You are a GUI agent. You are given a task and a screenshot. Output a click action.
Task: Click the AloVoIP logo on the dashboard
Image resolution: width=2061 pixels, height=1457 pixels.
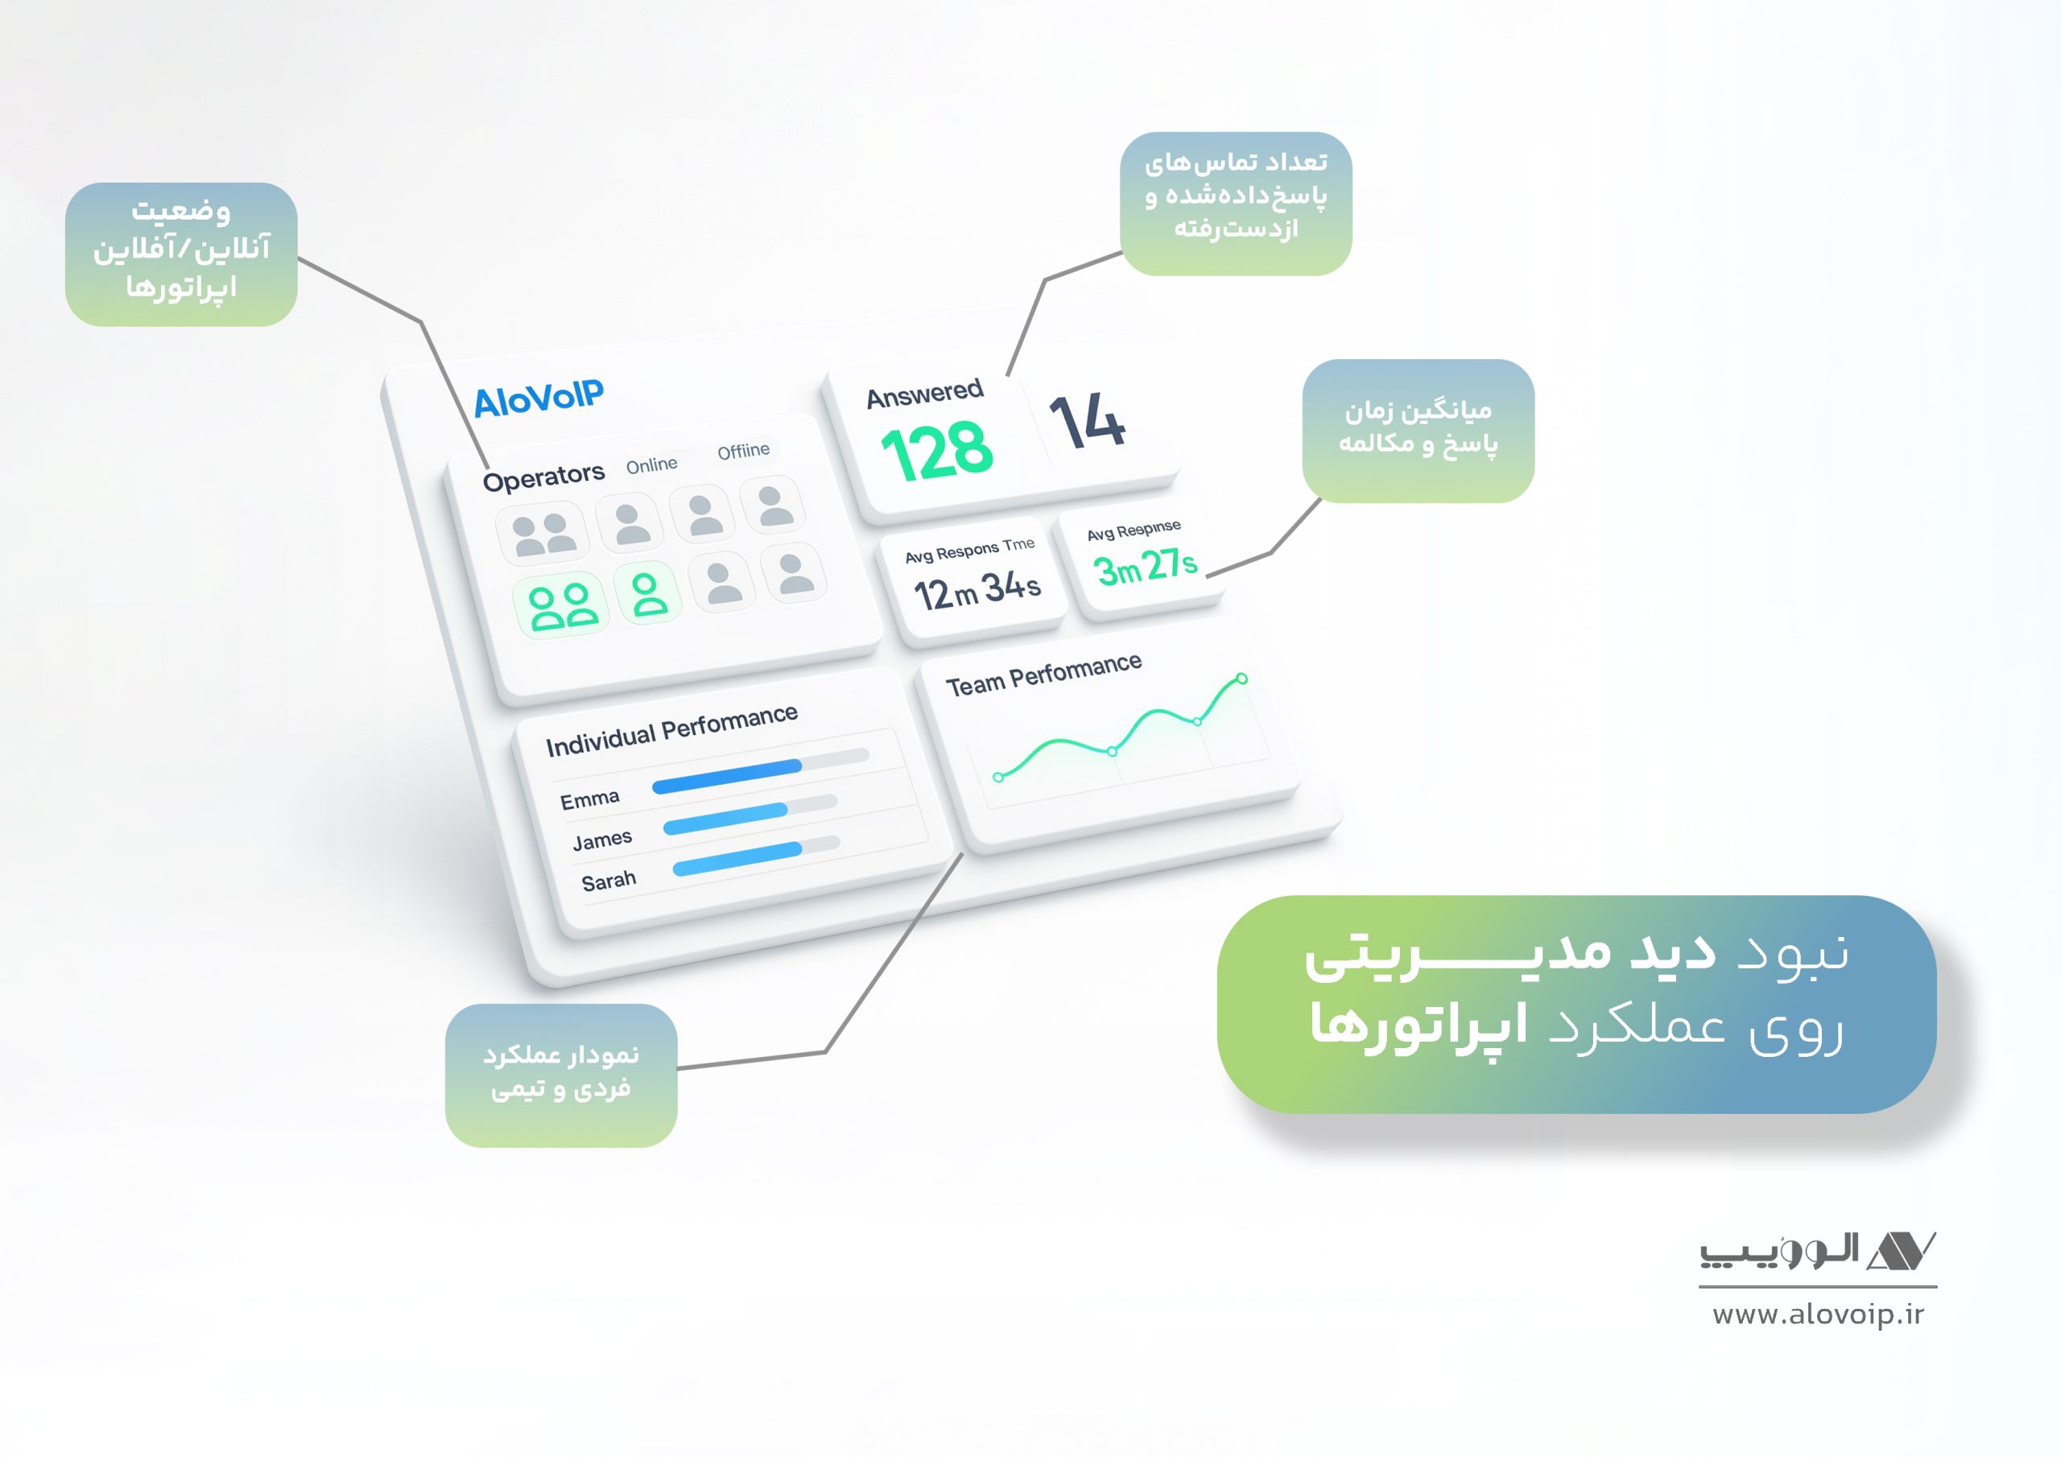click(x=539, y=398)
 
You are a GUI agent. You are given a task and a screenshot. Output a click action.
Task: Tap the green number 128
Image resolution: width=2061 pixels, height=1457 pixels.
click(x=937, y=451)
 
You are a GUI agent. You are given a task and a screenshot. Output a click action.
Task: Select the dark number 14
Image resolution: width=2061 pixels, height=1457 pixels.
click(x=1088, y=419)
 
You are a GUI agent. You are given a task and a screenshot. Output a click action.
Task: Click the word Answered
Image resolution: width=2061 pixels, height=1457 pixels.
click(x=924, y=393)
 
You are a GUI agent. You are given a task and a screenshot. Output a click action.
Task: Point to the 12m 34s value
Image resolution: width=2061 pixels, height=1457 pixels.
click(x=977, y=590)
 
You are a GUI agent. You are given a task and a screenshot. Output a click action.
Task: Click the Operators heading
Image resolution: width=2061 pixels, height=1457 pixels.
click(x=544, y=477)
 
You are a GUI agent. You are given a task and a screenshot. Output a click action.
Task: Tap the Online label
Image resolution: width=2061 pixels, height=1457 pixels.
click(x=651, y=465)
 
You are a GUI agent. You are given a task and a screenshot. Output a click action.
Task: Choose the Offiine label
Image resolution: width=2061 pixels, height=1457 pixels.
click(x=743, y=451)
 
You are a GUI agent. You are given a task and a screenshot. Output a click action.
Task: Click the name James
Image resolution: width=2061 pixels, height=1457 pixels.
click(x=602, y=840)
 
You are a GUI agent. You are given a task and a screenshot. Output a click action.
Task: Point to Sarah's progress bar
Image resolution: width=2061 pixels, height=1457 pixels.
click(x=756, y=856)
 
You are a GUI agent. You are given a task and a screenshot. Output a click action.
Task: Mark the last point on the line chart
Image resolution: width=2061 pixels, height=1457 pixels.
click(x=1241, y=679)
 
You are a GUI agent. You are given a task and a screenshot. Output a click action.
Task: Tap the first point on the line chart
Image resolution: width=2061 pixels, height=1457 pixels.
click(x=998, y=778)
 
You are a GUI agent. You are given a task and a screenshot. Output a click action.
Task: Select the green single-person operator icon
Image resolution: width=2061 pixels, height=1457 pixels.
click(x=648, y=592)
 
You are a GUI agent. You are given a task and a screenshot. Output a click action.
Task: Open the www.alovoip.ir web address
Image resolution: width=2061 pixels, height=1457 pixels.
click(x=1818, y=1315)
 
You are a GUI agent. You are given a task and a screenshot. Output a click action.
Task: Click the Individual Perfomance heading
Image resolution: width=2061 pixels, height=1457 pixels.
click(x=671, y=730)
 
